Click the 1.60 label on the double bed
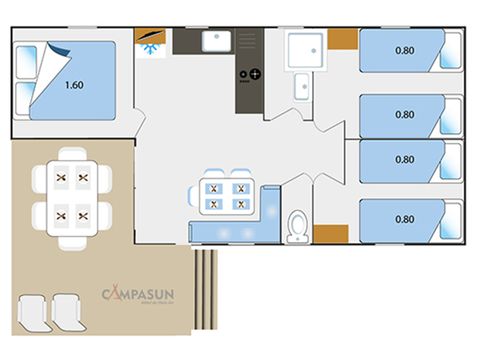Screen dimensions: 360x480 [73, 85]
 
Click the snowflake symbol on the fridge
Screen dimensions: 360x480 [150, 47]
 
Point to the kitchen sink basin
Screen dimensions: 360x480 [215, 41]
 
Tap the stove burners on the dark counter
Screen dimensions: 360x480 [249, 73]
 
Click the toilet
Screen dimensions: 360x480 [297, 227]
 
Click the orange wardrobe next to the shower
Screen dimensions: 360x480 [342, 40]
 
